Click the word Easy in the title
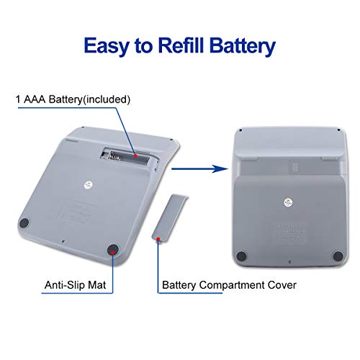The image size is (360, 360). pos(107,45)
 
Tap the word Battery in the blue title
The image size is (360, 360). pos(243,45)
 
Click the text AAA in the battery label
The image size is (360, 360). pos(35,99)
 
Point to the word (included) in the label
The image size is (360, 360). pos(107,99)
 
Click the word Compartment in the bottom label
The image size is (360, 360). pos(232,285)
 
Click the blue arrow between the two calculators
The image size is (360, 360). pos(199,169)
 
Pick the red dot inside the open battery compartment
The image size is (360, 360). pos(135,156)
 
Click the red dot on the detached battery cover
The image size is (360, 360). pos(158,239)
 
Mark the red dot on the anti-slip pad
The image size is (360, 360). pos(112,252)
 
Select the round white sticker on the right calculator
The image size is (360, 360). pos(288,202)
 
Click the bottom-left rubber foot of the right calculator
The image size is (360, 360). pos(241,256)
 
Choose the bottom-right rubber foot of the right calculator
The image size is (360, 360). pos(338,256)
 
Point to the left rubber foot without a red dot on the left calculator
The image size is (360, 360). pos(24,223)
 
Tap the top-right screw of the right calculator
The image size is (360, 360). pos(338,130)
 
